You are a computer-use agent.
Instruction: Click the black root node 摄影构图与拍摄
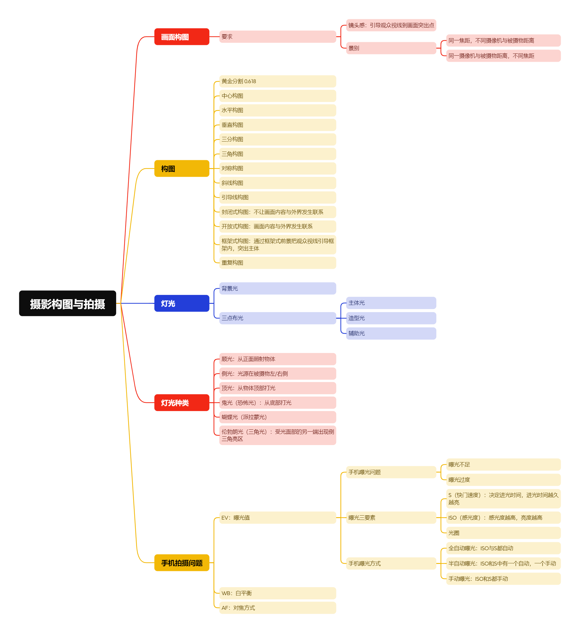pyautogui.click(x=68, y=303)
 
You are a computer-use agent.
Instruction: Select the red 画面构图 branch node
pyautogui.click(x=182, y=37)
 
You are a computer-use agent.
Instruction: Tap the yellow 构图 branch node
pyautogui.click(x=182, y=169)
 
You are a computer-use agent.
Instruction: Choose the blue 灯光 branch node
pyautogui.click(x=182, y=303)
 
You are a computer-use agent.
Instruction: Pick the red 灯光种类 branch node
pyautogui.click(x=182, y=403)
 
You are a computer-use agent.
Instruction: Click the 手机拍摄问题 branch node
pyautogui.click(x=182, y=563)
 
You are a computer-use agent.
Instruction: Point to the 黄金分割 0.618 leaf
pyautogui.click(x=277, y=81)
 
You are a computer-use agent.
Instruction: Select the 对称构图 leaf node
pyautogui.click(x=277, y=169)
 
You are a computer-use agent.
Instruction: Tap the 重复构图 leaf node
pyautogui.click(x=277, y=263)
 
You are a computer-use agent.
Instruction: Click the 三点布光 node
pyautogui.click(x=277, y=318)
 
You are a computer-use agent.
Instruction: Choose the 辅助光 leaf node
pyautogui.click(x=391, y=333)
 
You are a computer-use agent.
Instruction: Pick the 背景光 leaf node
pyautogui.click(x=277, y=289)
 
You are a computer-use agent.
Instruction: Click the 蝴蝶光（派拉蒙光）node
pyautogui.click(x=277, y=417)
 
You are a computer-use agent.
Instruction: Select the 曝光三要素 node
pyautogui.click(x=391, y=518)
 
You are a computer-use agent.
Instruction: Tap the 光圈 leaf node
pyautogui.click(x=503, y=533)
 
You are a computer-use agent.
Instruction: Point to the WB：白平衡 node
pyautogui.click(x=277, y=593)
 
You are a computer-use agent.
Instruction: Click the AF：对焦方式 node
pyautogui.click(x=277, y=608)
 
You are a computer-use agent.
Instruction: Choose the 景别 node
pyautogui.click(x=391, y=48)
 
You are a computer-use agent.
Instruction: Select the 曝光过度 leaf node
pyautogui.click(x=503, y=480)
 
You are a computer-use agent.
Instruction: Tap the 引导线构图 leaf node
pyautogui.click(x=277, y=197)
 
